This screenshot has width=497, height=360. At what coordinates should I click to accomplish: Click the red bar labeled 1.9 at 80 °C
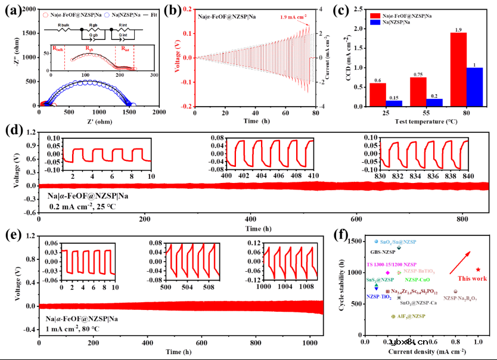458,70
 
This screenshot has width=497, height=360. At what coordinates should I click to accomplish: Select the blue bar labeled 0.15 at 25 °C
395,103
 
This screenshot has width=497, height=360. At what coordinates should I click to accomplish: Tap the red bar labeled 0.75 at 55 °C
418,92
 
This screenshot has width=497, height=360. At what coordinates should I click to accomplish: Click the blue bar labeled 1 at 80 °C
474,87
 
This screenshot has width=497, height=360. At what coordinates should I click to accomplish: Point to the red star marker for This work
478,270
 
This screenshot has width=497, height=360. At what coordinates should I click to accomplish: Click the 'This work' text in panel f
471,278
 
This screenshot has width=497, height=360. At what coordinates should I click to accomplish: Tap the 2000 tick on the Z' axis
159,111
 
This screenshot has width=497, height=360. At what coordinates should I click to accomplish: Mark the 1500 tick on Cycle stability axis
355,241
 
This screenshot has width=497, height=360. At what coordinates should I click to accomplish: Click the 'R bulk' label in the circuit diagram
64,26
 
